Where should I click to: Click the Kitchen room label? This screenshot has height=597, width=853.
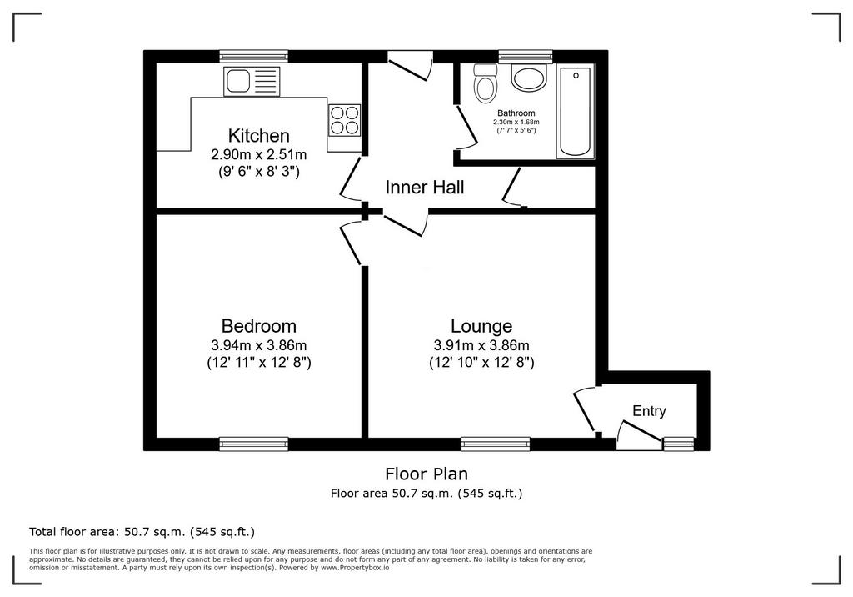pyautogui.click(x=258, y=135)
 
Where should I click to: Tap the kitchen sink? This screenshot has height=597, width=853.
pyautogui.click(x=252, y=82)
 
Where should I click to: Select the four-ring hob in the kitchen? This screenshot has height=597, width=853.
pyautogui.click(x=344, y=120)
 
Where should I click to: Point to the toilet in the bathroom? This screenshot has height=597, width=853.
pyautogui.click(x=486, y=83)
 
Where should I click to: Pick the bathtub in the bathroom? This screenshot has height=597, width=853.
pyautogui.click(x=575, y=112)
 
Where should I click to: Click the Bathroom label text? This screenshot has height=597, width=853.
pyautogui.click(x=516, y=113)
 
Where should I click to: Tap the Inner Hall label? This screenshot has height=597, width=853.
pyautogui.click(x=424, y=188)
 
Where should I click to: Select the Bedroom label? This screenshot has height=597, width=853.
pyautogui.click(x=259, y=326)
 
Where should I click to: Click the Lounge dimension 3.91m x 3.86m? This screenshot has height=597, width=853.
pyautogui.click(x=481, y=345)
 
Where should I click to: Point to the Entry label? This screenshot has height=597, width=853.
pyautogui.click(x=649, y=411)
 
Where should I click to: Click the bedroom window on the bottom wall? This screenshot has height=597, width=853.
pyautogui.click(x=253, y=444)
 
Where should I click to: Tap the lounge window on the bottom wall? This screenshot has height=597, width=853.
pyautogui.click(x=495, y=444)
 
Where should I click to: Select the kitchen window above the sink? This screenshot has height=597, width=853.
pyautogui.click(x=253, y=56)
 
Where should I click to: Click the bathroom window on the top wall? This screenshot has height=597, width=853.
pyautogui.click(x=526, y=56)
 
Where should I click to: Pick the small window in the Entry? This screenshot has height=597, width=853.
pyautogui.click(x=678, y=444)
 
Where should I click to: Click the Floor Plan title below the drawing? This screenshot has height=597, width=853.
pyautogui.click(x=426, y=474)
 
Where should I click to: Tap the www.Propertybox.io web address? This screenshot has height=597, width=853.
pyautogui.click(x=354, y=568)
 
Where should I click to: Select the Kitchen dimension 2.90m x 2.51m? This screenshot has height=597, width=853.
pyautogui.click(x=259, y=155)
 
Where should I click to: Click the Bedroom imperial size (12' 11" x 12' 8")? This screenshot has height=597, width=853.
pyautogui.click(x=259, y=362)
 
